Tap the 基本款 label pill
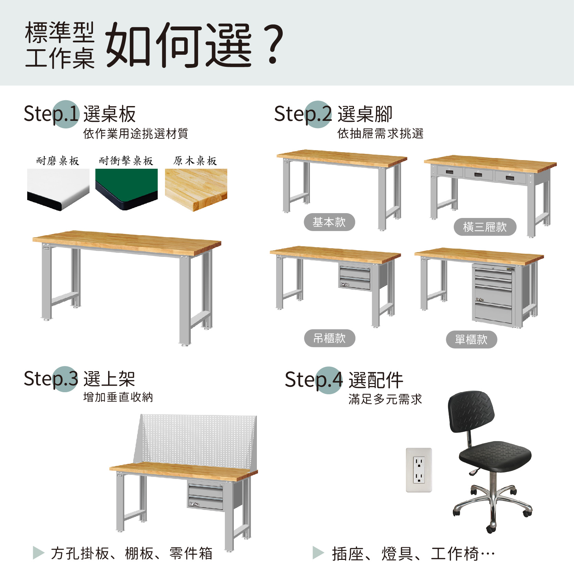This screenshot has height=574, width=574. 329,222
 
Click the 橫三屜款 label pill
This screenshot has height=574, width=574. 485,227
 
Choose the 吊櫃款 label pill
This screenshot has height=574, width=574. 330,338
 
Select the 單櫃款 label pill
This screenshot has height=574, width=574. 471,340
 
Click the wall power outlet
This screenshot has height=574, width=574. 419,470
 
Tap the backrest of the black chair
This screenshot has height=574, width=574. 471,411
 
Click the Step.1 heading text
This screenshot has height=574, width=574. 52,114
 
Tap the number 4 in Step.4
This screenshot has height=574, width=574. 336,379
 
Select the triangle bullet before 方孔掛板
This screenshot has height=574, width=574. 39,553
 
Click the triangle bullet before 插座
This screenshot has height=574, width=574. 318,553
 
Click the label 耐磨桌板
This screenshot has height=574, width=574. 58,161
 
